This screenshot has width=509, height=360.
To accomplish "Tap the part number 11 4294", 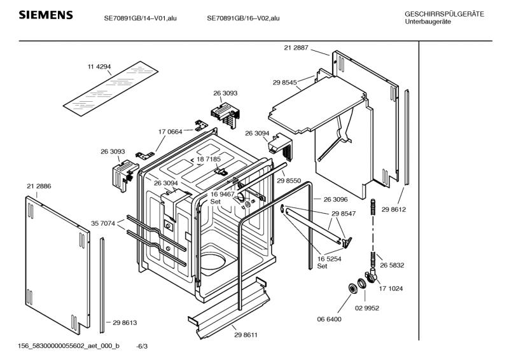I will [99, 67].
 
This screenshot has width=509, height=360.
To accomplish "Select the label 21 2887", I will [296, 47].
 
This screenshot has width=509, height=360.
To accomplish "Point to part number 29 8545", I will [284, 83].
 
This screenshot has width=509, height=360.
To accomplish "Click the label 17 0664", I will [171, 132].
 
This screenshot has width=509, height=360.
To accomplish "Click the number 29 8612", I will [393, 209].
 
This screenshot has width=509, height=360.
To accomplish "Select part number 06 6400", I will [330, 319].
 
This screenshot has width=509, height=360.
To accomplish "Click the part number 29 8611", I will [246, 335].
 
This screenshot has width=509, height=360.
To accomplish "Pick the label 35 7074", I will [102, 223].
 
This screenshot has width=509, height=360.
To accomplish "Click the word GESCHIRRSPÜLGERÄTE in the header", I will [443, 14].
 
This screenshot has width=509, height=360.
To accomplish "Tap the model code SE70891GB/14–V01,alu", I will [140, 18].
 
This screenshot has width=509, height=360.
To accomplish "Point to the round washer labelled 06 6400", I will [350, 290].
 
